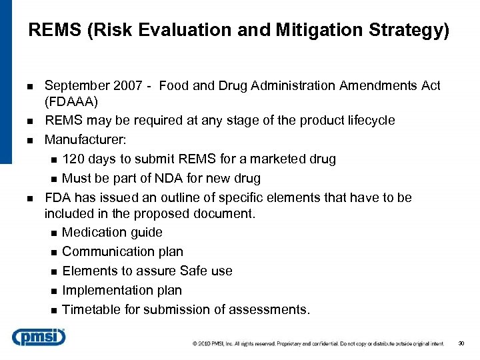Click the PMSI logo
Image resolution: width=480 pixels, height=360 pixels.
click(x=38, y=337)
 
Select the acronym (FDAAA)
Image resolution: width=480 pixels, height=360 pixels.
click(x=72, y=103)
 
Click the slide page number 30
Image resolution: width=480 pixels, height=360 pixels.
click(x=461, y=344)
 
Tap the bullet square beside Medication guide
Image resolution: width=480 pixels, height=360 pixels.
click(x=54, y=233)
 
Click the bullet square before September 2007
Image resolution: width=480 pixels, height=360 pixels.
click(x=31, y=86)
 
